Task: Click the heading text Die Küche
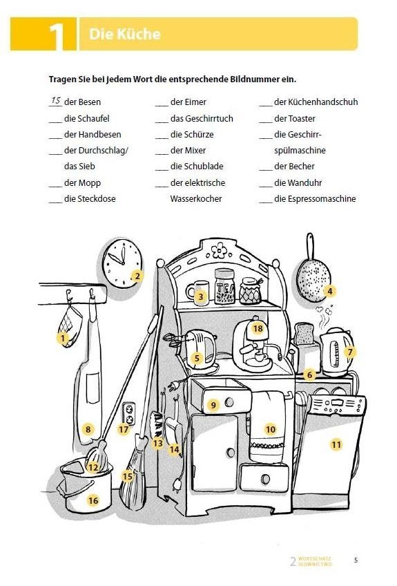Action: click(x=125, y=34)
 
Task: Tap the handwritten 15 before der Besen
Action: click(x=55, y=101)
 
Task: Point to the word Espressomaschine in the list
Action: click(x=315, y=199)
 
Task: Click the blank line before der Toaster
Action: click(x=266, y=120)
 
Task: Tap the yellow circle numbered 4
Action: click(x=330, y=291)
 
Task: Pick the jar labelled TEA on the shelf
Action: click(x=224, y=286)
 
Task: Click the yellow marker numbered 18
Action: click(x=258, y=328)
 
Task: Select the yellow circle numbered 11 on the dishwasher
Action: click(x=336, y=444)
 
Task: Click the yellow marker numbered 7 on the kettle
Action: click(x=350, y=352)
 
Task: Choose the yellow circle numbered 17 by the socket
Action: click(x=124, y=429)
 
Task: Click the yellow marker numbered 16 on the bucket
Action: click(x=93, y=500)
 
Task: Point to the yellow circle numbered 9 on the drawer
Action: click(x=213, y=405)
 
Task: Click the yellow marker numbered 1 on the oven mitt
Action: click(x=63, y=338)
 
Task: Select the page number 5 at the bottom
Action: click(x=356, y=560)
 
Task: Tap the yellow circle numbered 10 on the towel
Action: click(x=270, y=429)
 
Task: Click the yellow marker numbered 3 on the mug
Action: click(x=200, y=298)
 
